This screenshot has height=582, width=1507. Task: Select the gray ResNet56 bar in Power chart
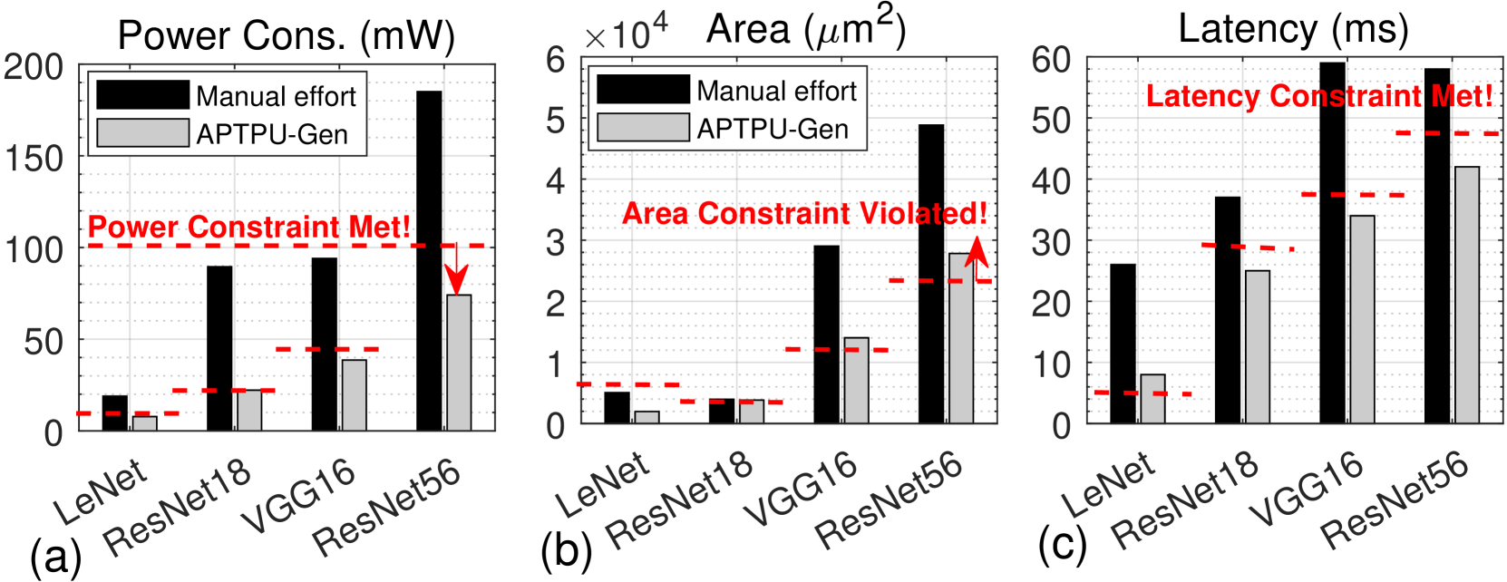(459, 362)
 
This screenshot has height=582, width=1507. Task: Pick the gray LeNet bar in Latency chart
(1152, 399)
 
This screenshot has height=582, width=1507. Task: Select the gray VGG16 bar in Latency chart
(1362, 319)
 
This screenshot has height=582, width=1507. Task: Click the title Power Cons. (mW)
(287, 36)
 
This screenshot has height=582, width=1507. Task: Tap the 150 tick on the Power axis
(34, 159)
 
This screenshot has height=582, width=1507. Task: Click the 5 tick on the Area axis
(555, 121)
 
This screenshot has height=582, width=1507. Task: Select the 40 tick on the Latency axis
(1051, 181)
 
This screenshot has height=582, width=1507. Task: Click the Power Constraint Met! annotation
(249, 227)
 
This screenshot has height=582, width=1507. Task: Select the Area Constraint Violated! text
(804, 213)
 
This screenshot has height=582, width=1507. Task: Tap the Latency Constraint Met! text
(1319, 95)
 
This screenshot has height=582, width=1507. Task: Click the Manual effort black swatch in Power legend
(142, 95)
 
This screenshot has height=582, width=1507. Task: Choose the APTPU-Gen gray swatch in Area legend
(643, 128)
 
